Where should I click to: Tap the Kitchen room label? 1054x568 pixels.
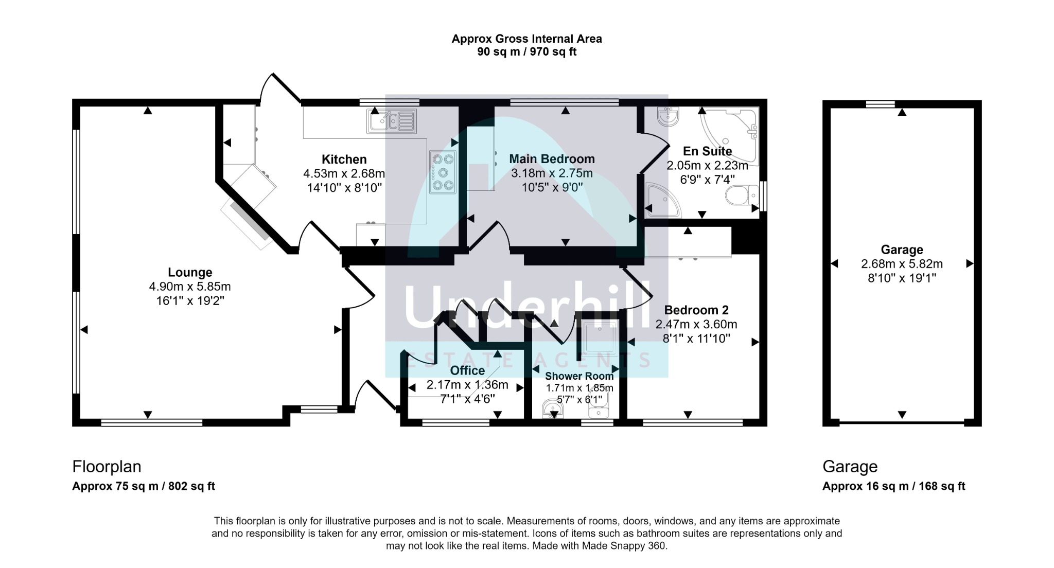tap(344, 159)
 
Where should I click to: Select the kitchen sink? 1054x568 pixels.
tap(391, 121)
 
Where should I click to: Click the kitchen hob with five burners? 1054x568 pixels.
tap(443, 172)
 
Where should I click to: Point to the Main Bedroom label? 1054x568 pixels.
tap(552, 159)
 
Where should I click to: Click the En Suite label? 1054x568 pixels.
tap(707, 151)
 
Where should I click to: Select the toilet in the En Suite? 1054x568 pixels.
tap(742, 196)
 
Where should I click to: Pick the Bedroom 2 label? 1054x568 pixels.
tap(696, 310)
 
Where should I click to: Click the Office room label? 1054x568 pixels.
tap(467, 370)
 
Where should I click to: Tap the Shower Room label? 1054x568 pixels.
tap(579, 376)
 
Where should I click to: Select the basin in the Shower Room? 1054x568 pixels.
tap(552, 410)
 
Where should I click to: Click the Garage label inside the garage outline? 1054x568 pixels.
tap(902, 250)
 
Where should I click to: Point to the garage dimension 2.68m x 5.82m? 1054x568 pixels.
tap(902, 264)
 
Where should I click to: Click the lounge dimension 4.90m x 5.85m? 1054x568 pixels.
tap(190, 287)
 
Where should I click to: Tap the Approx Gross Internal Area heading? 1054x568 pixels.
tap(526, 39)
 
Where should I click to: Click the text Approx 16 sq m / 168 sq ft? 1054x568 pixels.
tap(893, 486)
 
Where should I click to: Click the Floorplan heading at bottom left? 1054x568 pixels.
tap(107, 467)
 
